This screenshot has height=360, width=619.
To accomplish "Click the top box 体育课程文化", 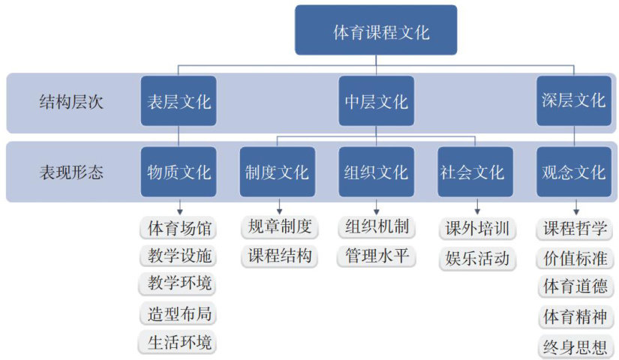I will (375, 31).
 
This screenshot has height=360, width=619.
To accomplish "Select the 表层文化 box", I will (178, 101).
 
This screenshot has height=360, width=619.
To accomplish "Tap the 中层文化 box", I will (375, 101).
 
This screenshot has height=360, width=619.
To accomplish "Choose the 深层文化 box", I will (574, 101).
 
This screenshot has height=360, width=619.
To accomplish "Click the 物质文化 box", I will (178, 172).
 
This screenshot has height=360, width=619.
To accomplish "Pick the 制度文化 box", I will (277, 172).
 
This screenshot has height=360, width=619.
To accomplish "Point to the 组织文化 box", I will (375, 172).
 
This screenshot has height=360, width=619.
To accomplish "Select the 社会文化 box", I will (475, 172).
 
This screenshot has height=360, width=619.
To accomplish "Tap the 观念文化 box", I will (574, 172).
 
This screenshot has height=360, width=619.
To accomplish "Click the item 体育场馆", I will (179, 226).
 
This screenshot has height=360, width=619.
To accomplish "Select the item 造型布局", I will (179, 313).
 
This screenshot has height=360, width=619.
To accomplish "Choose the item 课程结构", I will (279, 255).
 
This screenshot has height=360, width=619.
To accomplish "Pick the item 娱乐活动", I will (477, 259).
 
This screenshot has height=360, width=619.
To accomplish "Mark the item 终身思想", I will (575, 347).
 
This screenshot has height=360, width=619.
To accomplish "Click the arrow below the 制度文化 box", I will (279, 205).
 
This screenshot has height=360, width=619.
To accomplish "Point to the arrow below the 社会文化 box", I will (477, 205).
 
